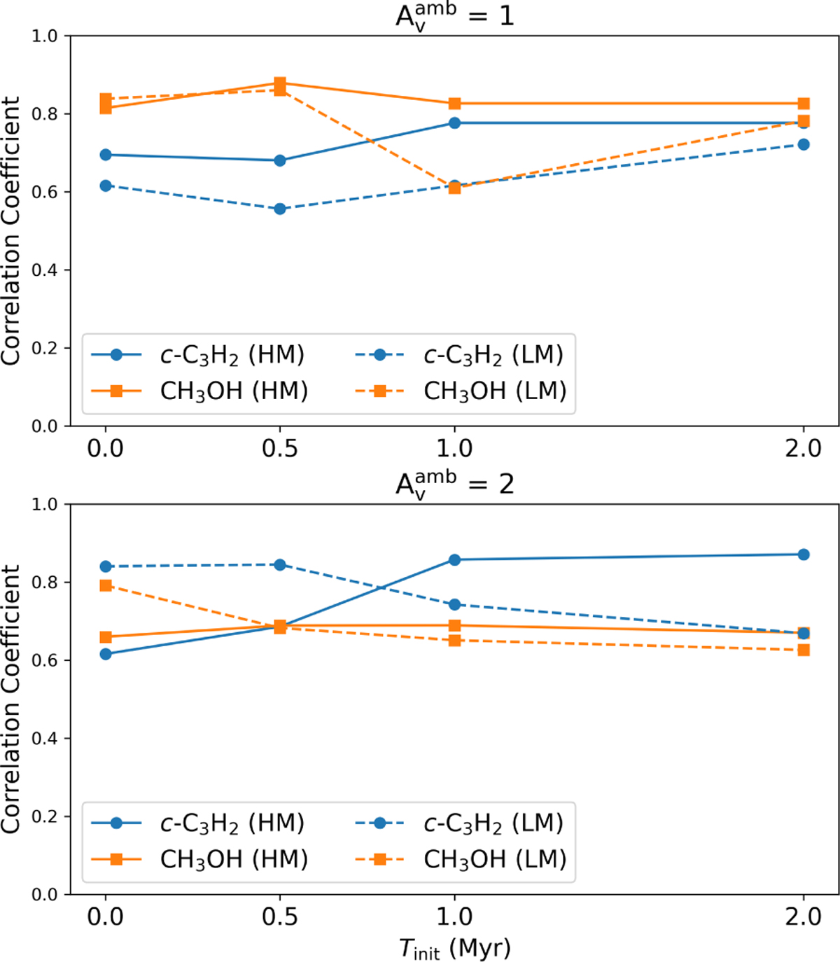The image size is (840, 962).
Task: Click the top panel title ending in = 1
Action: (454, 15)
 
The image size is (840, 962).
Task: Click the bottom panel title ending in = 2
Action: (454, 483)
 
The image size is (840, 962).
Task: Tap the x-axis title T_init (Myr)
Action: (454, 948)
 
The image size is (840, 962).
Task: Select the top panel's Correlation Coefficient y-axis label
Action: (11, 230)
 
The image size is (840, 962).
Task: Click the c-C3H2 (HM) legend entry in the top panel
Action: (198, 355)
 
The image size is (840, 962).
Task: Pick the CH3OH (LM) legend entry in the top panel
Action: (461, 391)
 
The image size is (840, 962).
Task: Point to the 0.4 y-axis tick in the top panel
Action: (45, 270)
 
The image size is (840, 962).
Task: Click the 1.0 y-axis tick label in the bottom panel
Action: (45, 504)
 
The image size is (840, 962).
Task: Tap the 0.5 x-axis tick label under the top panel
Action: (280, 449)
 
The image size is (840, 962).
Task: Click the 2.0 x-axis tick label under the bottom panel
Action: (804, 917)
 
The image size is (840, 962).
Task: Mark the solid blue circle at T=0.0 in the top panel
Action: (106, 155)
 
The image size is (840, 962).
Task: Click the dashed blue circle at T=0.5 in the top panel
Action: (280, 209)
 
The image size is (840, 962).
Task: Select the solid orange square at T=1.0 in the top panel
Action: (454, 104)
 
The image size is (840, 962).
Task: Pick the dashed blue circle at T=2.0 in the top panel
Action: (804, 145)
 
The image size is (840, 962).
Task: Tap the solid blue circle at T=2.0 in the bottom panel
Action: (804, 555)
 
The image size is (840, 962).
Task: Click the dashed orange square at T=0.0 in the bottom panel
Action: (106, 585)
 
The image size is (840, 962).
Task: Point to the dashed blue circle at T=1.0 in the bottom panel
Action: (454, 604)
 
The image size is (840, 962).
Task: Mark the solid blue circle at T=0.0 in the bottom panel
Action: (106, 654)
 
